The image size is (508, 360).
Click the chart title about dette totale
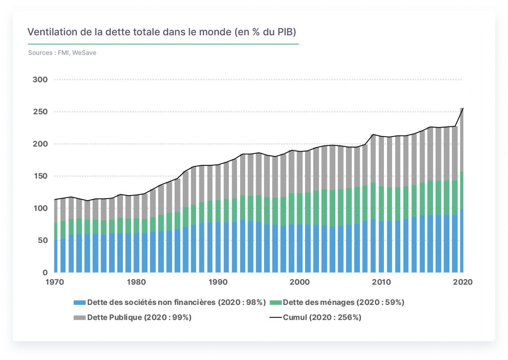tap(162, 32)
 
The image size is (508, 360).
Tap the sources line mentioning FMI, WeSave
tap(62, 53)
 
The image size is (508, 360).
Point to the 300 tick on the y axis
tap(40, 79)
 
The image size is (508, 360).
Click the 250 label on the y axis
tap(40, 112)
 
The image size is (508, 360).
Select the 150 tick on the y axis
tap(40, 176)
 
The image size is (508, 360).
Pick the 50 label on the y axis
tap(42, 240)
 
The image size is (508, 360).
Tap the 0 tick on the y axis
tap(45, 273)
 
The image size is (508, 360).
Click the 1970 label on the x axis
tap(55, 282)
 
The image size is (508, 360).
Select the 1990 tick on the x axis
tap(218, 282)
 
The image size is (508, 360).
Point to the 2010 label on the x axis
tap(381, 282)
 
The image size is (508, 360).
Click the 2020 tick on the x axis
tap(463, 282)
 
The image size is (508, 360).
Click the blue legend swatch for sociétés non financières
tap(80, 302)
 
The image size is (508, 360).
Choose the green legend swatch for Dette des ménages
tap(275, 302)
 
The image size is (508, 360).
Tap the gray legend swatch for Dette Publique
tap(80, 317)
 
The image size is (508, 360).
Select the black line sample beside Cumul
tap(275, 317)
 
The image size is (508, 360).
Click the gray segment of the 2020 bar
tap(462, 140)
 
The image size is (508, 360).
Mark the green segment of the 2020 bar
tap(462, 191)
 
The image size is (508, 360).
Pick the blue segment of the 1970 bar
tap(56, 256)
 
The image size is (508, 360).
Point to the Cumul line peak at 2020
tap(463, 108)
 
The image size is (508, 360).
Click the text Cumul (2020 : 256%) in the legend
tap(322, 317)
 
